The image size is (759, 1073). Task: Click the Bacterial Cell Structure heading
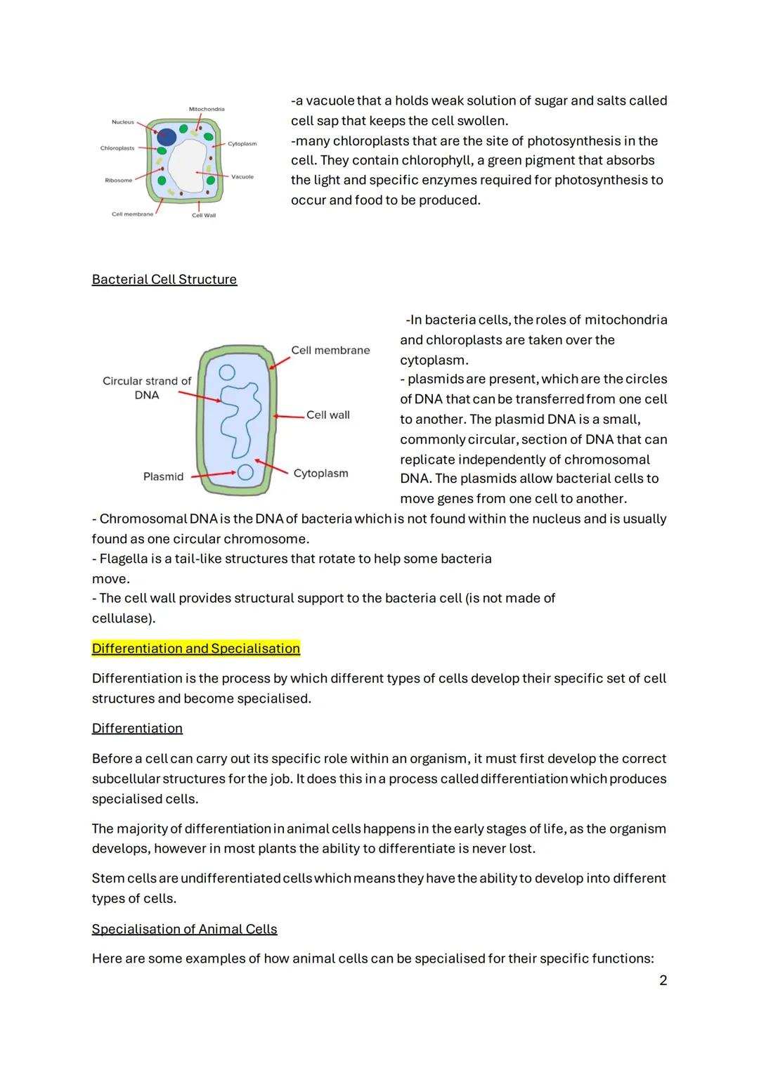coord(164,280)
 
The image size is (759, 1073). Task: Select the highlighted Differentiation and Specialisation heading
coord(195,649)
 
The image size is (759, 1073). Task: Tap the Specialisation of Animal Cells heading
coord(184,930)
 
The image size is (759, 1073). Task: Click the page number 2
coord(663,980)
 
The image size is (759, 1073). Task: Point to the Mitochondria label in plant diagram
coord(207,110)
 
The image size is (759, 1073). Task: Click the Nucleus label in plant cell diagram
coord(122,122)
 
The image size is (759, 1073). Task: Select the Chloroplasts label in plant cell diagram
coord(117,148)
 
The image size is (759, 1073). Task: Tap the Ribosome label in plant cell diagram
coord(118,181)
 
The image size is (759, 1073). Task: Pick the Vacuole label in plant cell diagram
coord(242,177)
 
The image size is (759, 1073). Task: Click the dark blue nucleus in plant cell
coord(167,137)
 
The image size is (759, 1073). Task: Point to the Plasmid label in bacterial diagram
coord(163,477)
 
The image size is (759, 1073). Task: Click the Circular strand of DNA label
coord(147,388)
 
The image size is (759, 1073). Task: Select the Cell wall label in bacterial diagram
coord(327,415)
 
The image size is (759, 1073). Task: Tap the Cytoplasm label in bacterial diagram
coord(320,474)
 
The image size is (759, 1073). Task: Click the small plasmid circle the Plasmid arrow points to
coord(245,472)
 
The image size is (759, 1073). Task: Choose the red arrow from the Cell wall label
coord(290,416)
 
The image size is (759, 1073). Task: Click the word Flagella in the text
coord(123,559)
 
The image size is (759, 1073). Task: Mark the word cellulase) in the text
coord(124,619)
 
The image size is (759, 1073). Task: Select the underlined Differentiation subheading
coord(137,729)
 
